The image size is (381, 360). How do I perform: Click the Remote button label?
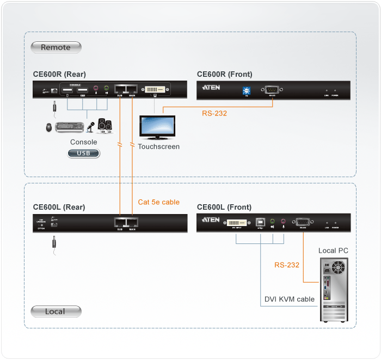56,47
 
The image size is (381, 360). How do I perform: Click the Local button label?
56,312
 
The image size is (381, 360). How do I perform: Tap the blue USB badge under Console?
84,154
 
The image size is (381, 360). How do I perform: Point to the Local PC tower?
332,289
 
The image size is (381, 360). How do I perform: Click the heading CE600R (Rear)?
59,74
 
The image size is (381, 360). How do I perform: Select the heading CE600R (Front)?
224,74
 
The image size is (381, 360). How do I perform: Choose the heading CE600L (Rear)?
59,207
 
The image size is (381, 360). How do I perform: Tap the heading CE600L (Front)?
224,207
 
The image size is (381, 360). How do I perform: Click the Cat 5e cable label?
158,202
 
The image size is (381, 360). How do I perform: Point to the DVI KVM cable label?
290,299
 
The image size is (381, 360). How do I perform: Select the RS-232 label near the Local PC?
287,265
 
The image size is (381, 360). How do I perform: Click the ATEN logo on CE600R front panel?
211,88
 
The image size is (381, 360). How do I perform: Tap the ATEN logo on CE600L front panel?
211,220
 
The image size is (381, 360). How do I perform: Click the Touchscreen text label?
158,147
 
